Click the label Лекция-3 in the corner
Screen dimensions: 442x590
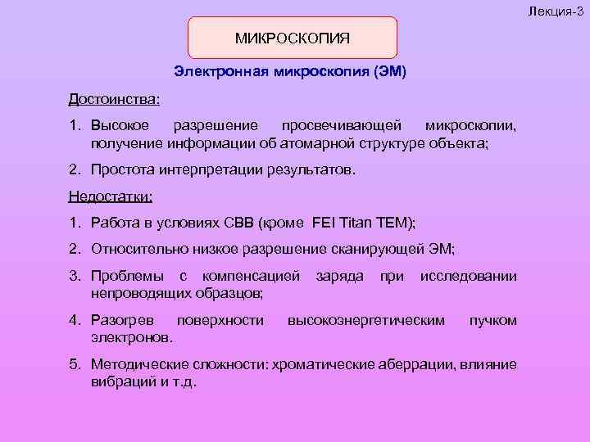pos(560,7)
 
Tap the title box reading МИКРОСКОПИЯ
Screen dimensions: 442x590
pos(293,38)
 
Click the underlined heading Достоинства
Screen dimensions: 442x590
pos(114,99)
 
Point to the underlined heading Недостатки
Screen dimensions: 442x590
pos(111,197)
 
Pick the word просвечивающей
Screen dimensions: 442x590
pos(342,126)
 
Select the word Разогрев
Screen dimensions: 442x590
pos(120,319)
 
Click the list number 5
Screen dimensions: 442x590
pos(74,365)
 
